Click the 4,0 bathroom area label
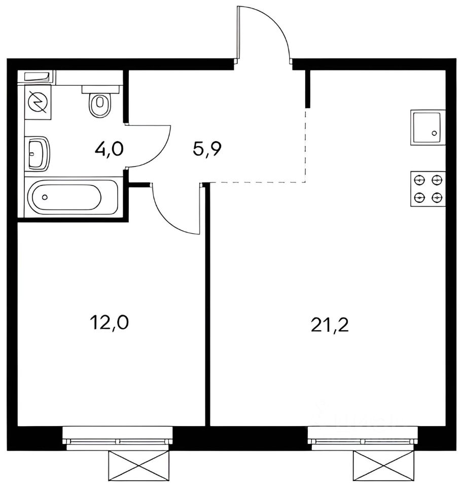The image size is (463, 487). click(109, 149)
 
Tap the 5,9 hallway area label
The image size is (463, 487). click(206, 149)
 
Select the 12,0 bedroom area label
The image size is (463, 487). click(109, 323)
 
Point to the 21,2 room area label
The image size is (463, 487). click(330, 325)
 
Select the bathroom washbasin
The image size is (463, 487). click(38, 153)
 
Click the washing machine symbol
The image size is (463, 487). click(38, 102)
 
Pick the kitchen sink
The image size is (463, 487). click(428, 127)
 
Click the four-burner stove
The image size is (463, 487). click(428, 189)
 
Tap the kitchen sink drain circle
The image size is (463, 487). click(434, 133)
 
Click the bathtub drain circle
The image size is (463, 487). click(45, 197)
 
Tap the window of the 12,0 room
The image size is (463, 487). click(117, 438)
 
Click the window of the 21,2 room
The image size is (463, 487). click(363, 438)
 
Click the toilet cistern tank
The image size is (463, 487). click(100, 89)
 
